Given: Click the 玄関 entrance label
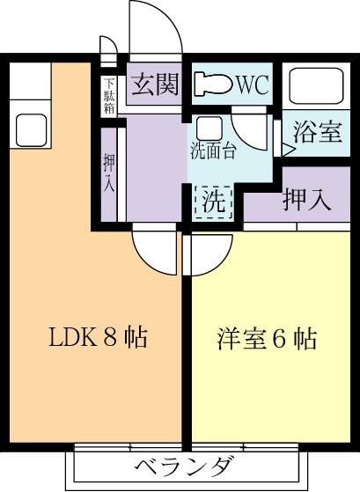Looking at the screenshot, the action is pyautogui.click(x=155, y=84).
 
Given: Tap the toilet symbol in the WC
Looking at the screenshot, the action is pyautogui.click(x=213, y=84).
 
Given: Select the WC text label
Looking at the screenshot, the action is pyautogui.click(x=253, y=84).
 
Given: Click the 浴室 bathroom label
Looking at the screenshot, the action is pyautogui.click(x=318, y=132).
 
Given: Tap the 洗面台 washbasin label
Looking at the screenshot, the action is pyautogui.click(x=213, y=151).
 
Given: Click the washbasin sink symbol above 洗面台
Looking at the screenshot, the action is pyautogui.click(x=209, y=129).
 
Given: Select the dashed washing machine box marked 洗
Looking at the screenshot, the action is pyautogui.click(x=213, y=202).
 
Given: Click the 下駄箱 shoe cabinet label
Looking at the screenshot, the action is pyautogui.click(x=109, y=96).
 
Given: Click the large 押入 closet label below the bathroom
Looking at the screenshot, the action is pyautogui.click(x=306, y=200).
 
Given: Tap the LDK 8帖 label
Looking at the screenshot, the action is pyautogui.click(x=98, y=338).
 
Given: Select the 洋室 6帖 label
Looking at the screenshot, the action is pyautogui.click(x=267, y=339).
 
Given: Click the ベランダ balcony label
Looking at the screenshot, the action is pyautogui.click(x=184, y=466).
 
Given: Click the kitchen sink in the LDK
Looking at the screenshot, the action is pyautogui.click(x=31, y=130).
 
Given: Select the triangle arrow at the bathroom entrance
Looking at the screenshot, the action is pyautogui.click(x=288, y=150).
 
